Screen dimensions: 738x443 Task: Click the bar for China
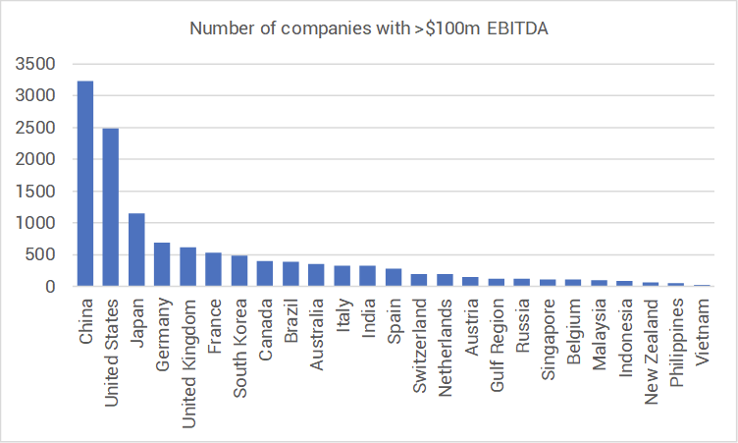(x=85, y=184)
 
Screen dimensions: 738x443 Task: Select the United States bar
(x=111, y=207)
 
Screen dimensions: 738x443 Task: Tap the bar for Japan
(x=136, y=249)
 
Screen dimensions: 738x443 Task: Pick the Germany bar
(x=162, y=264)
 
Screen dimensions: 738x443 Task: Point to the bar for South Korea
(x=239, y=271)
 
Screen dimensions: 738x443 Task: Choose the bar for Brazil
(x=290, y=274)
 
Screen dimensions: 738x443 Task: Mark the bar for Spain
(x=394, y=278)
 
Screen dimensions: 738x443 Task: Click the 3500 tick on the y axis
(x=35, y=64)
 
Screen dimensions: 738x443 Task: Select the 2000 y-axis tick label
(x=35, y=159)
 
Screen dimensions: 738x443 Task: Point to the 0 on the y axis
(x=50, y=287)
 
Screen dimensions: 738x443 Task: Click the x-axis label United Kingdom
(x=188, y=363)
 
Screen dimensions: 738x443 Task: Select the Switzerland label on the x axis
(x=419, y=346)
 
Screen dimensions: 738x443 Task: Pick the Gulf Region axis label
(x=497, y=346)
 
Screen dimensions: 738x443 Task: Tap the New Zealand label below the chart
(x=651, y=352)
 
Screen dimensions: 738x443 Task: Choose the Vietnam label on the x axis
(x=703, y=332)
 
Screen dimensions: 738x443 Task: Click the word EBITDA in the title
(x=517, y=28)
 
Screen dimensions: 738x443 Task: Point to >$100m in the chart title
(x=447, y=28)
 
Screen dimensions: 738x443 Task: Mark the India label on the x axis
(x=368, y=317)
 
